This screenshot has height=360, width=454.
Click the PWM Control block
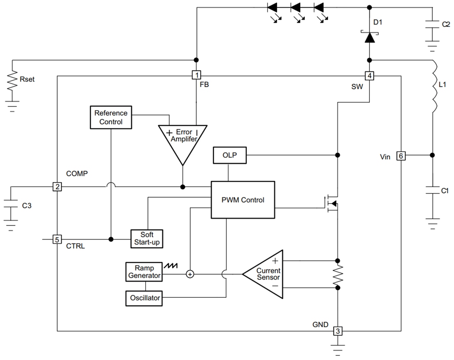click(243, 200)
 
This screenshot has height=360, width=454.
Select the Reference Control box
click(111, 117)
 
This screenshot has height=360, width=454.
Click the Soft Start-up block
click(147, 239)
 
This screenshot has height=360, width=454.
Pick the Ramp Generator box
click(144, 271)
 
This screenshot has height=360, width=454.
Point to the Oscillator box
click(144, 297)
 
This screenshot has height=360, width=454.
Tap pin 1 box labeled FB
click(197, 75)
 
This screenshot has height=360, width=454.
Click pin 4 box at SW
click(369, 76)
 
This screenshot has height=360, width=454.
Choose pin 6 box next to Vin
click(400, 156)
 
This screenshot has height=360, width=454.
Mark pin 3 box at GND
click(338, 331)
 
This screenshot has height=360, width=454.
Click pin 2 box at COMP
click(57, 187)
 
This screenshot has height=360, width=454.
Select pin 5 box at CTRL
click(57, 239)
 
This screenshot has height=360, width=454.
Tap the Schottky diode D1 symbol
click(369, 37)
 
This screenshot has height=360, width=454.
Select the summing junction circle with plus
click(190, 274)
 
